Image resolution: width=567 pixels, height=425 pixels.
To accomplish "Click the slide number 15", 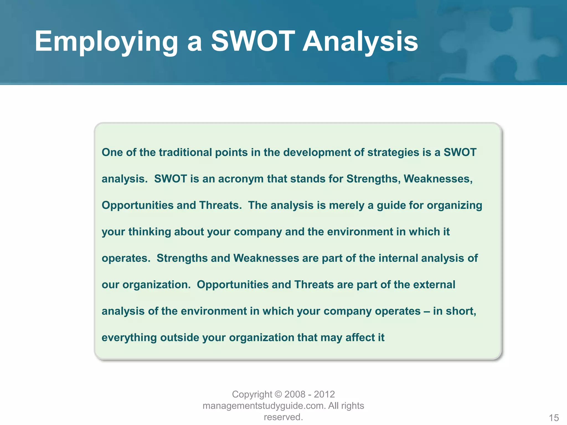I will pos(554,418).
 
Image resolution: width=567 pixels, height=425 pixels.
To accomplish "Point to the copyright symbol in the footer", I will pos(279,394).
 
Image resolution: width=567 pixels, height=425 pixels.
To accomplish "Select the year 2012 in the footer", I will pos(324,394).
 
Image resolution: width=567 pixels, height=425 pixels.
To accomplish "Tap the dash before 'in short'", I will pos(427,311).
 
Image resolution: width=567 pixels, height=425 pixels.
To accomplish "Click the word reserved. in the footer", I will pos(283,417).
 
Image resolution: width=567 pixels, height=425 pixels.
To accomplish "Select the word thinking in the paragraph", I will pos(150,232).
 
